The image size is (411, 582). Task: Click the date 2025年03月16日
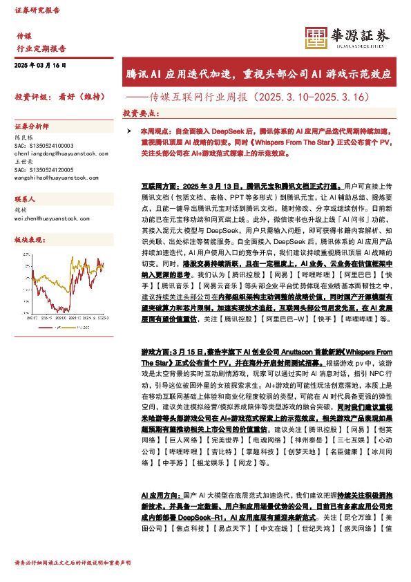coord(39,64)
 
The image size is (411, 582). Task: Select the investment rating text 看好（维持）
coord(80,97)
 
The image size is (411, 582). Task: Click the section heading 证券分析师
coord(32,126)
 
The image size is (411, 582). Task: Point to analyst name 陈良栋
coord(23,138)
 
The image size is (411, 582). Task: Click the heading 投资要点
coord(139,112)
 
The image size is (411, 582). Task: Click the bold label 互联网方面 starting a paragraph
coord(160,187)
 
